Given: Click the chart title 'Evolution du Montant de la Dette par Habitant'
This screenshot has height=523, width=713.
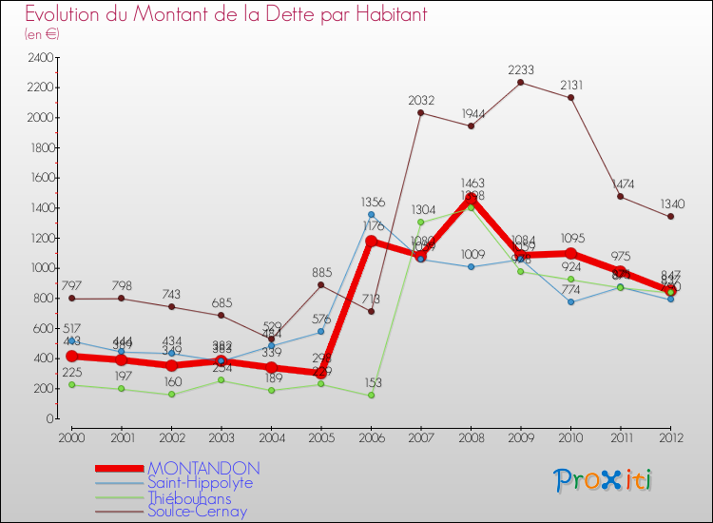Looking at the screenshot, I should pyautogui.click(x=225, y=15).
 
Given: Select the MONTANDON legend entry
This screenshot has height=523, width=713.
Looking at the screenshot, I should pyautogui.click(x=202, y=469).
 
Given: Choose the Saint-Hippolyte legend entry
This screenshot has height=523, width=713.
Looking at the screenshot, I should pyautogui.click(x=199, y=483).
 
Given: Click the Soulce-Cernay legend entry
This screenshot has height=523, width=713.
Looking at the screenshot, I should pyautogui.click(x=198, y=512).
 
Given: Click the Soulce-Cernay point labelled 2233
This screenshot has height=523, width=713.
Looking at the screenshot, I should pyautogui.click(x=521, y=82).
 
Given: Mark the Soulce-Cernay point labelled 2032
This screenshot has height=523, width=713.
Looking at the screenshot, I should pyautogui.click(x=421, y=113).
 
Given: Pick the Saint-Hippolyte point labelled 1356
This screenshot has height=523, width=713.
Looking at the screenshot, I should pyautogui.click(x=372, y=214).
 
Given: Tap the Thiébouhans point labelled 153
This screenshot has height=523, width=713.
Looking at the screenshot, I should pyautogui.click(x=372, y=396).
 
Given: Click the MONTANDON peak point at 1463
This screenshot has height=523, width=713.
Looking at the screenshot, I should pyautogui.click(x=472, y=198).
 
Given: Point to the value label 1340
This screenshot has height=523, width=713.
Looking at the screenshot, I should pyautogui.click(x=671, y=203).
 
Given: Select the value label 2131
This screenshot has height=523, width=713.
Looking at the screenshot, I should pyautogui.click(x=571, y=85).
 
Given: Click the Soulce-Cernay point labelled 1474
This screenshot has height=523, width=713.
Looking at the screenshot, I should pyautogui.click(x=621, y=197).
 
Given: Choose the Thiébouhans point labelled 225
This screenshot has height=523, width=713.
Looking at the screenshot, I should pyautogui.click(x=72, y=384).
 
